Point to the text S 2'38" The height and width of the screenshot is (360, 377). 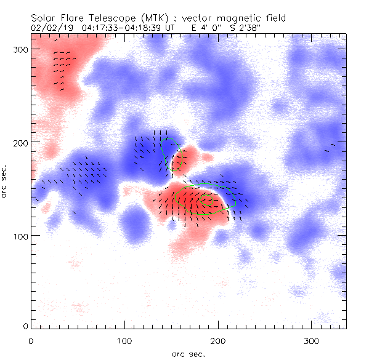click(245, 28)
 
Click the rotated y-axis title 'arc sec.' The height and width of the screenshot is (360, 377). click(6, 181)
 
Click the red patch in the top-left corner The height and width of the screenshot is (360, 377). click(59, 68)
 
